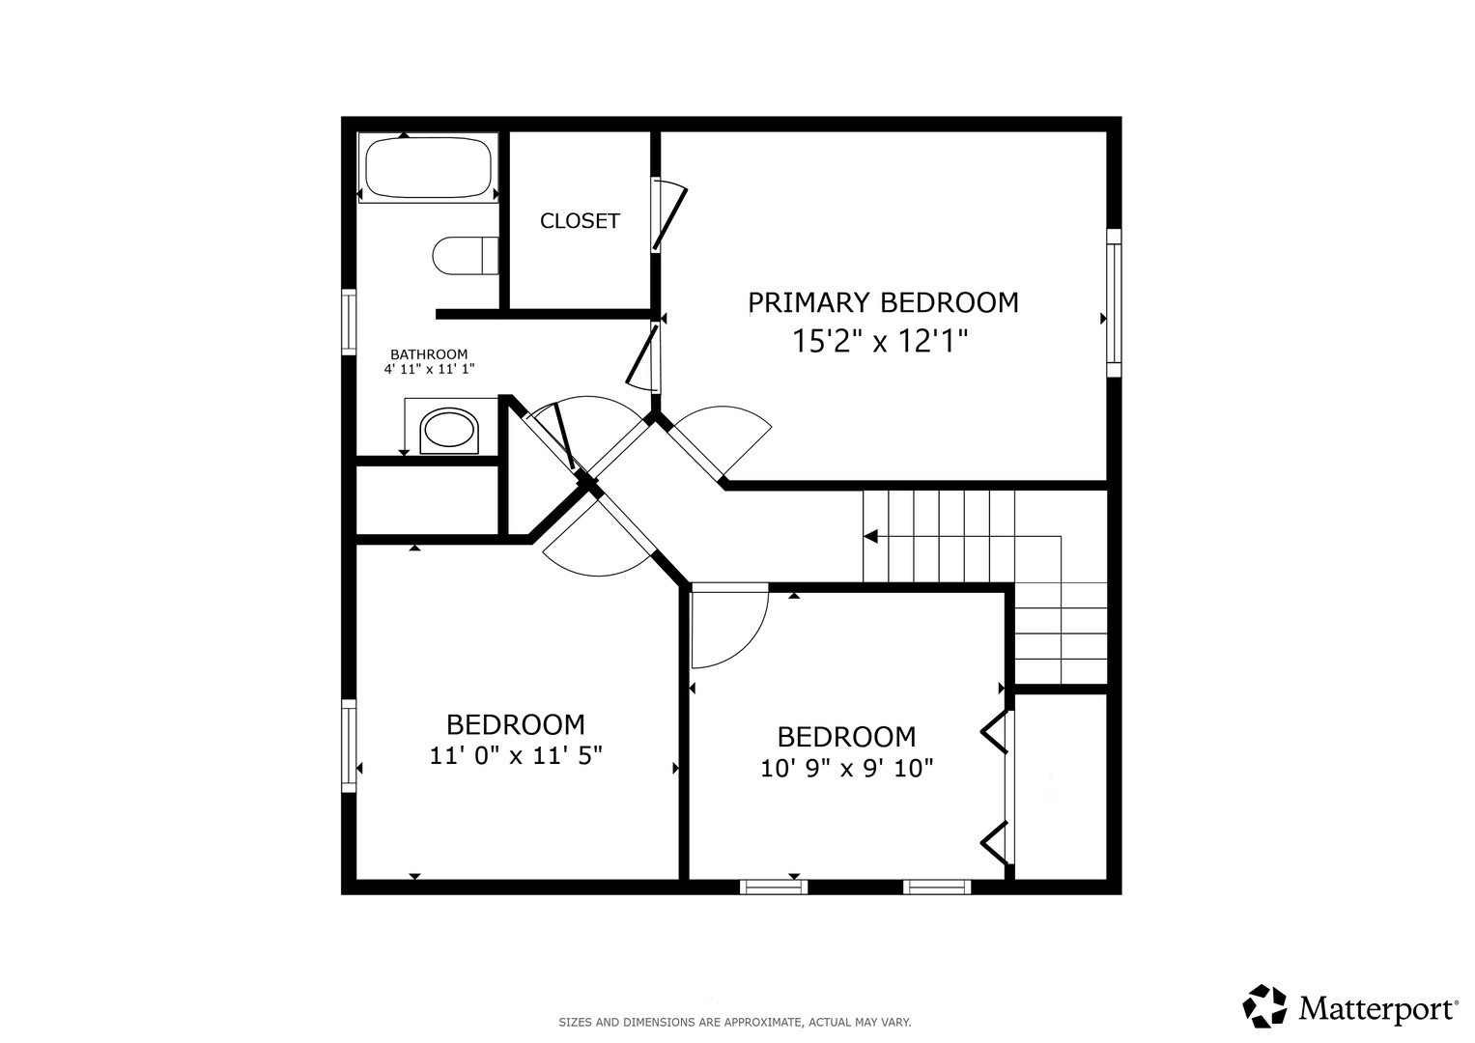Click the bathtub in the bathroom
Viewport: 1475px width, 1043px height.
click(428, 168)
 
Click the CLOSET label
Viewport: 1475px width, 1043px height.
click(580, 221)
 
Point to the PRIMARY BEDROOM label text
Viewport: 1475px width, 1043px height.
click(883, 302)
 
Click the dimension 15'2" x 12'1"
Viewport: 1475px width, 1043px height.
click(879, 341)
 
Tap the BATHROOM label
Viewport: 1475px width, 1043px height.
click(429, 354)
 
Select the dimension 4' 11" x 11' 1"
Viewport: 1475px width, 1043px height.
click(429, 369)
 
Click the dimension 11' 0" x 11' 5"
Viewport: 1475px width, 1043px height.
click(516, 755)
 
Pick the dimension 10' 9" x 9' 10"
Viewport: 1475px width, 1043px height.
click(846, 768)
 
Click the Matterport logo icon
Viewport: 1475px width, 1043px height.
click(1264, 1006)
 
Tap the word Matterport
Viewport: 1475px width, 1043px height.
click(1376, 1009)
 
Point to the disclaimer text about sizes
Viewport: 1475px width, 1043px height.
click(734, 1022)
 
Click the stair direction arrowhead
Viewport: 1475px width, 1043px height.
click(870, 536)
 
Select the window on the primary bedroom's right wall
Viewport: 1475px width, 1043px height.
click(1114, 302)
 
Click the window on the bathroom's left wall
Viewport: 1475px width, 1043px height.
click(349, 321)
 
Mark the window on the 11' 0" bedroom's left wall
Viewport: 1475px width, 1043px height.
click(349, 745)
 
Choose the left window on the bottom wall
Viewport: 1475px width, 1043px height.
click(773, 887)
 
